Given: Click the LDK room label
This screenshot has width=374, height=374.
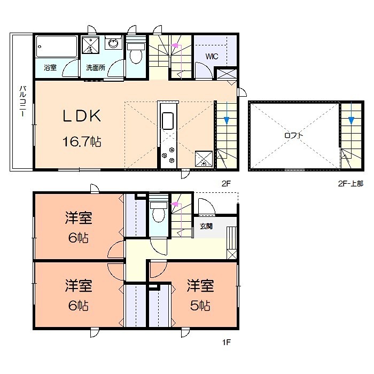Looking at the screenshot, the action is pos(82,116).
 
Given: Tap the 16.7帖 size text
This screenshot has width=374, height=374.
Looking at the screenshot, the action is pos(82,142).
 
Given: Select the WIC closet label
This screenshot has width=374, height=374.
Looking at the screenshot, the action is pos(212,57).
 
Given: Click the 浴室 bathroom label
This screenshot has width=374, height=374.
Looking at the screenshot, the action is pos(50,67).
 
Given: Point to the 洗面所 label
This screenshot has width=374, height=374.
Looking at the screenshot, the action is pos(96,67).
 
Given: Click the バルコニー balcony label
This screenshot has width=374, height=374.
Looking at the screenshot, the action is pos(22,102).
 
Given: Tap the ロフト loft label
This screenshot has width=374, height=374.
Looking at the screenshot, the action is pos(294,136).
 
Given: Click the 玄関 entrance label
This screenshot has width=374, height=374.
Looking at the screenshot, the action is pos(206,226).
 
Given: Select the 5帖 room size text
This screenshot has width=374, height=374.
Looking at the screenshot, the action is pos(200,306).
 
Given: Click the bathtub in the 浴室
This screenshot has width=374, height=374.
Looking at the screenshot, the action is pos(57,46).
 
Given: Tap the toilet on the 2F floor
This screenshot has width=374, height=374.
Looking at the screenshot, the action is pos(136,53).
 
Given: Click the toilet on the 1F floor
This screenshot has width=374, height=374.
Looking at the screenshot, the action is pos(158,212).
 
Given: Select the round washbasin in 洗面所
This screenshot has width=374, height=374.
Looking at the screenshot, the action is pos(113,43).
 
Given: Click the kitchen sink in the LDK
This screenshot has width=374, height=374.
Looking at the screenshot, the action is pos(168,121).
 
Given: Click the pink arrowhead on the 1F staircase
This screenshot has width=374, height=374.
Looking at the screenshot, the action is pos(175,204).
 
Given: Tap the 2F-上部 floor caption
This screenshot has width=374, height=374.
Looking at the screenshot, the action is pos(350,183).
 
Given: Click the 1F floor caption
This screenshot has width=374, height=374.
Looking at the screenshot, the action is pos(226,342).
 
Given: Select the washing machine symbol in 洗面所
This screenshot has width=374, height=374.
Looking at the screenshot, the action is pos(90,45).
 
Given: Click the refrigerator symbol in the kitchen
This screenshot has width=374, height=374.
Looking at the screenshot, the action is pos(204,159).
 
